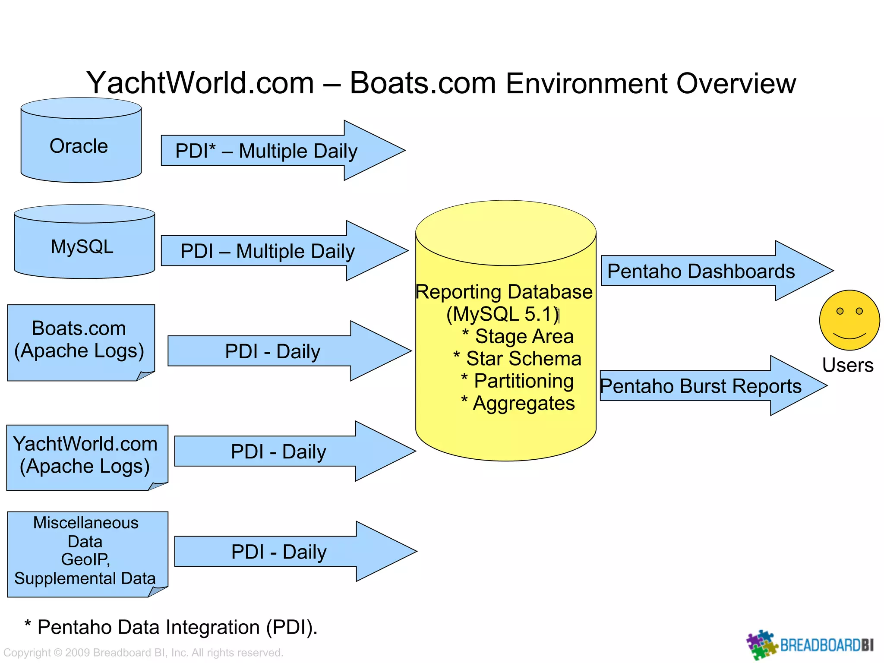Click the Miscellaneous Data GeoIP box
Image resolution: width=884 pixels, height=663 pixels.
(86, 552)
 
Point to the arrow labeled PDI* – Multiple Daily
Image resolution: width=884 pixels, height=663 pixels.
(276, 151)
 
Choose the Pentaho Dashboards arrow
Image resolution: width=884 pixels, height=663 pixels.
(708, 271)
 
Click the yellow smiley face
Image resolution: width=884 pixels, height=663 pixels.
(849, 320)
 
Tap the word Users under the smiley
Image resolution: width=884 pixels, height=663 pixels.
(847, 365)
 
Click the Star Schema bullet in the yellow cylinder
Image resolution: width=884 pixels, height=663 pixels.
(523, 359)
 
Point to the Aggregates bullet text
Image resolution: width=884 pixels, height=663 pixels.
(523, 404)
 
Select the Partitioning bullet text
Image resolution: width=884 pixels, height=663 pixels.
(523, 381)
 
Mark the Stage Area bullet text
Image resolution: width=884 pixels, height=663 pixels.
(523, 336)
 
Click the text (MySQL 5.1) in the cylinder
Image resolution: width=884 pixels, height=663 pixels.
(503, 314)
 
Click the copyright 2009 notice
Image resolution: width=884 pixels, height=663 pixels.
(143, 652)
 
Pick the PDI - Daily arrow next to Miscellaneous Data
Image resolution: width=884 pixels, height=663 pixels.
(285, 552)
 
